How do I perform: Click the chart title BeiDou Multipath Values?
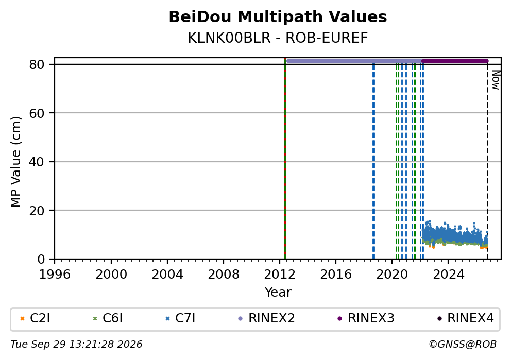pyautogui.click(x=278, y=17)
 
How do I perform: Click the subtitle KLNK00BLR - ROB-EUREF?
pyautogui.click(x=278, y=38)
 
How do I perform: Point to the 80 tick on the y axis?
pyautogui.click(x=37, y=64)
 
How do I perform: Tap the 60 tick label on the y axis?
pyautogui.click(x=37, y=113)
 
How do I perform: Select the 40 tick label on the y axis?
pyautogui.click(x=37, y=162)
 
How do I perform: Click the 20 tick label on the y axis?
pyautogui.click(x=37, y=211)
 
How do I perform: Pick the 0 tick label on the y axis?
pyautogui.click(x=41, y=260)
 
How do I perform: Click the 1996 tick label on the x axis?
pyautogui.click(x=55, y=275)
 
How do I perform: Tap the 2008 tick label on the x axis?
pyautogui.click(x=224, y=275)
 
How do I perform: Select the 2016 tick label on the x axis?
pyautogui.click(x=336, y=275)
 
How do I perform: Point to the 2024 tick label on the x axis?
pyautogui.click(x=448, y=275)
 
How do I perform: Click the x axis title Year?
pyautogui.click(x=278, y=292)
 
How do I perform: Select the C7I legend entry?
pyautogui.click(x=180, y=318)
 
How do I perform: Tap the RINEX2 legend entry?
pyautogui.click(x=267, y=318)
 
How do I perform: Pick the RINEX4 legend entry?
pyautogui.click(x=466, y=318)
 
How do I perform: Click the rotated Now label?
pyautogui.click(x=496, y=80)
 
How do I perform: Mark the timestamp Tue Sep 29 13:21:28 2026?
pyautogui.click(x=76, y=345)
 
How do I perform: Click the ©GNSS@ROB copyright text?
pyautogui.click(x=463, y=345)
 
